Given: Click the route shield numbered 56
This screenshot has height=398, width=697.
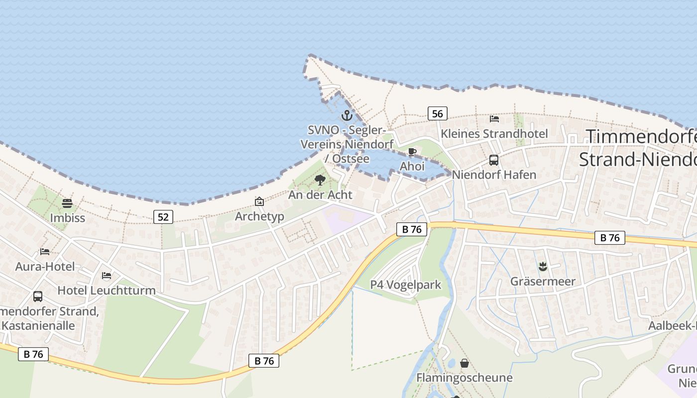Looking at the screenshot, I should pos(437,114).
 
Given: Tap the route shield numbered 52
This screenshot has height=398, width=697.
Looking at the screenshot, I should pos(163,216).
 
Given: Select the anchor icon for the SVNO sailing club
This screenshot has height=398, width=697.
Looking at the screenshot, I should pos(347,116).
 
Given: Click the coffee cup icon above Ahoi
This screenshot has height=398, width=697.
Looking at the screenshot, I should pos(412,152).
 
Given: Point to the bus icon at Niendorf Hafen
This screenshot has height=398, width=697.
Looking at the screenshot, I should pos(494,160).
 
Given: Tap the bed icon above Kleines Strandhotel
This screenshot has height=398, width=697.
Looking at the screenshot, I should pos(494,119).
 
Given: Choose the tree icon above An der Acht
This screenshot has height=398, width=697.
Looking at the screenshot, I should pos(320,180).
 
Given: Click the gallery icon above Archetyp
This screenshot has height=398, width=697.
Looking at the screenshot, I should pos(259,201).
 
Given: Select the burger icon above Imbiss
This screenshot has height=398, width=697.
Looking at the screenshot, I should pos(67,203).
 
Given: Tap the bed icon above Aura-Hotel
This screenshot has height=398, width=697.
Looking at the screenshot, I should pos(45,252).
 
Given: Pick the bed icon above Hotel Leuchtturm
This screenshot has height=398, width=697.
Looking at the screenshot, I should pos(107,276).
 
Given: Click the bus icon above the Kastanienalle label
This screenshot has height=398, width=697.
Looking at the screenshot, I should pos(38,297).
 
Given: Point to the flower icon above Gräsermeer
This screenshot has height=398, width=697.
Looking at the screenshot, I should pos(543,267).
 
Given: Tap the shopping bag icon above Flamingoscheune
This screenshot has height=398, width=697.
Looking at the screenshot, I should pos(465,363).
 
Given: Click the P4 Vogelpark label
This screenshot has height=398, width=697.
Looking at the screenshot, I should pos(406,285).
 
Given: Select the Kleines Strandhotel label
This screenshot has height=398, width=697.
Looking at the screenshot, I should pos(494,134).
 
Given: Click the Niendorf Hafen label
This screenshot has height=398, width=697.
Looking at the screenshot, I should pos(494,175).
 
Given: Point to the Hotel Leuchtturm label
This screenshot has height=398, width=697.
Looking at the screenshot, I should pos(107,290).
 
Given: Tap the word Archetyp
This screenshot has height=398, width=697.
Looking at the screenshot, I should pos(259,216).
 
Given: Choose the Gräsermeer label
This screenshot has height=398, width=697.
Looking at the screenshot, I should pos(543,282).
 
